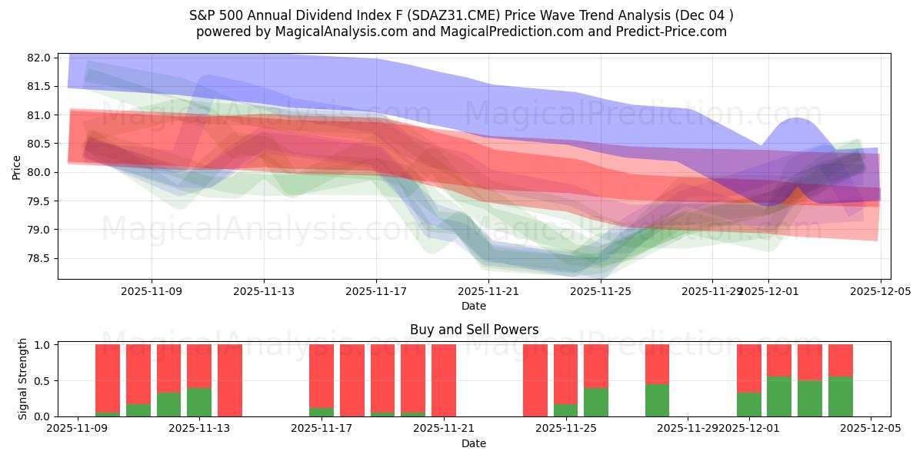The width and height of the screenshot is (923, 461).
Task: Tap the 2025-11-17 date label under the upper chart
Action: (376, 291)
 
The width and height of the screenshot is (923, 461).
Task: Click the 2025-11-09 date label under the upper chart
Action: (152, 291)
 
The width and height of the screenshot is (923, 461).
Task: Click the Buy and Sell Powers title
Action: (474, 330)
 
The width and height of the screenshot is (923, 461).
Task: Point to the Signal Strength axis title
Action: (23, 380)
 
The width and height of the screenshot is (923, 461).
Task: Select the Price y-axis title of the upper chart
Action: (17, 167)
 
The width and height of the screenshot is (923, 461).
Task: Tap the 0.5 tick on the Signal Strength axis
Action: (42, 381)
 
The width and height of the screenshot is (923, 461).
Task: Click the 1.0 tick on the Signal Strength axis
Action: (42, 345)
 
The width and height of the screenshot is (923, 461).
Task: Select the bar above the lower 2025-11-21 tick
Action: (444, 380)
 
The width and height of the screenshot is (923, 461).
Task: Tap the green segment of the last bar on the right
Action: (840, 397)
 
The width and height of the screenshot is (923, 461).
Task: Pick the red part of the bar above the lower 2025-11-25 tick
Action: (565, 373)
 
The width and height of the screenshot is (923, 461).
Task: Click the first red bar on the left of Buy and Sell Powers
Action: (108, 378)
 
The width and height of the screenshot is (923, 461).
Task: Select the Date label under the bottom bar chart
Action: (474, 443)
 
